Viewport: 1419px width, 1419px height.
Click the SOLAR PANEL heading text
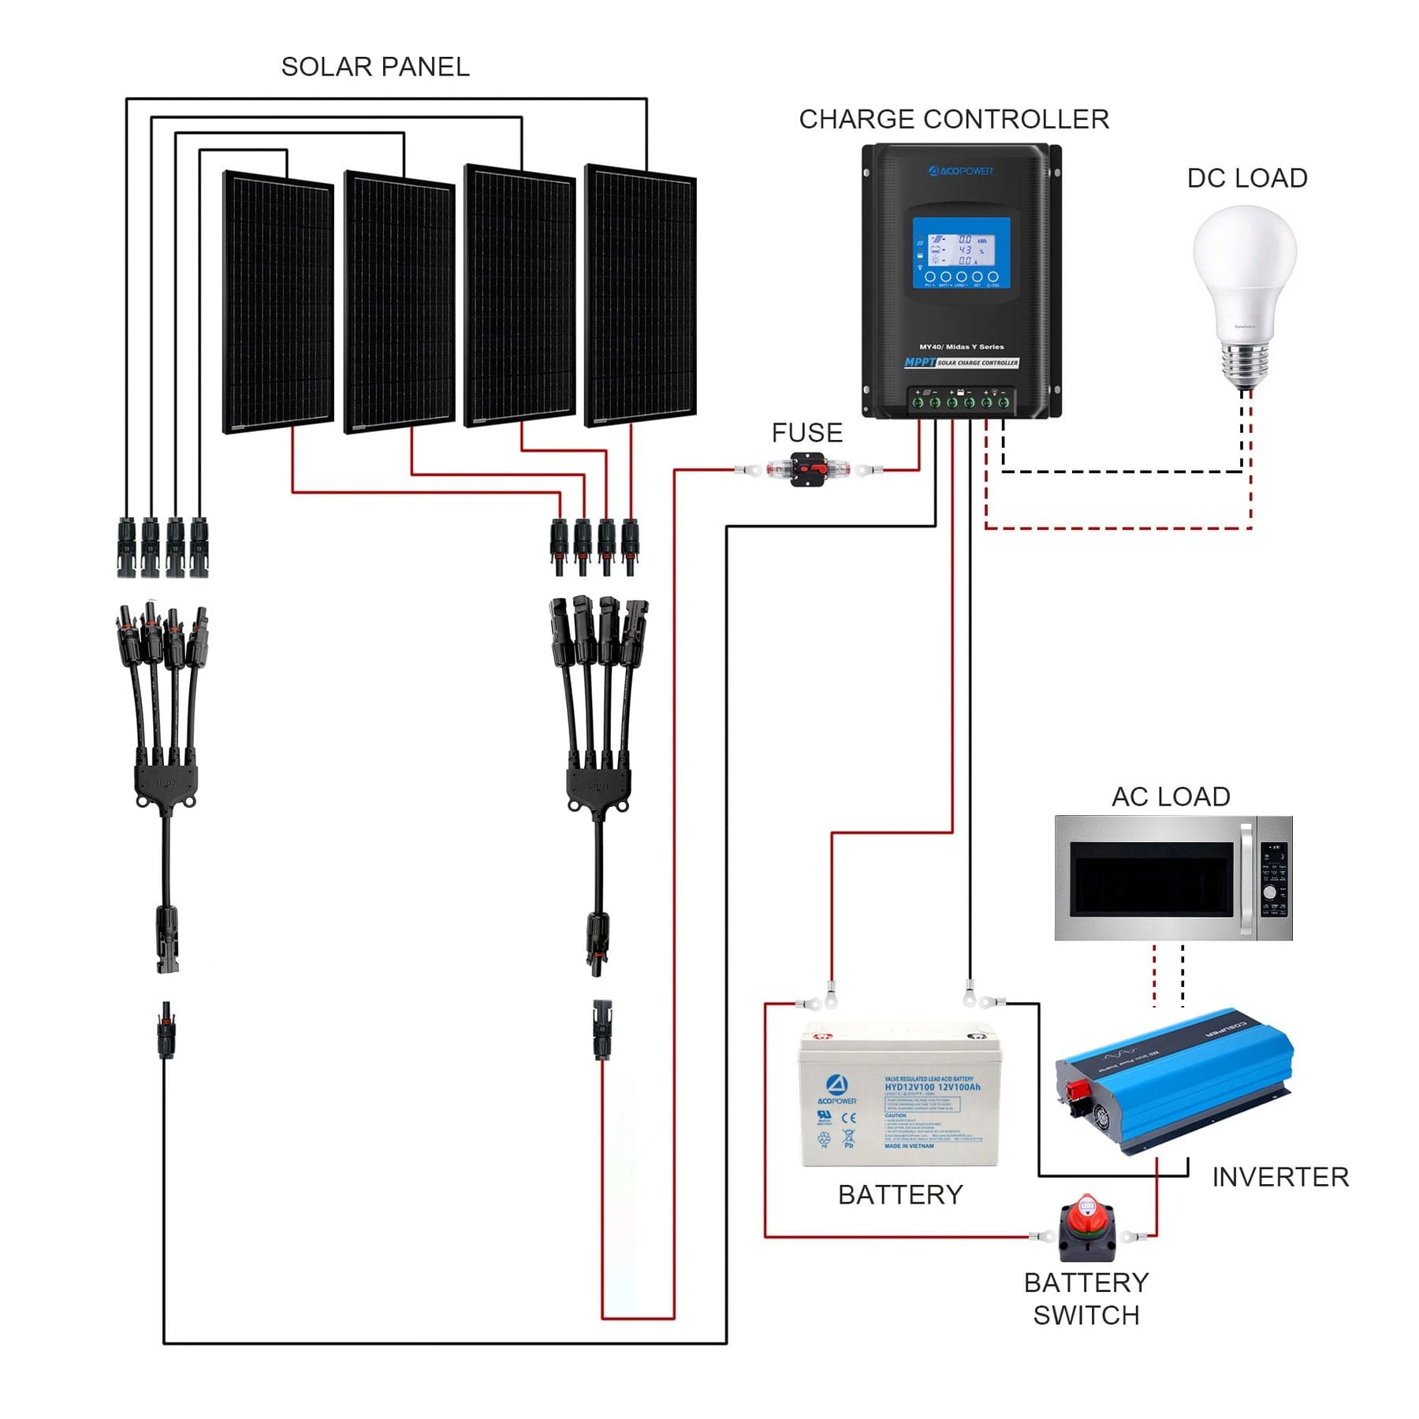(375, 67)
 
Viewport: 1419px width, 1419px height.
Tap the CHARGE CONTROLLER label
(953, 119)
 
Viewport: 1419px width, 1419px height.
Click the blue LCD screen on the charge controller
(961, 251)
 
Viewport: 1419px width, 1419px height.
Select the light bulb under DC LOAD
(1244, 276)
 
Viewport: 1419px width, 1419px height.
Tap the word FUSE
(806, 433)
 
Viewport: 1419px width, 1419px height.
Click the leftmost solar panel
(278, 303)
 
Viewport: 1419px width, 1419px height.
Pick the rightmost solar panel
(640, 296)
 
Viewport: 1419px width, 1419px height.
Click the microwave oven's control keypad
(1274, 878)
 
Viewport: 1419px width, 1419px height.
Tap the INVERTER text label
(1279, 1177)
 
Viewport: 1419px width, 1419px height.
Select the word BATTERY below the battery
(900, 1194)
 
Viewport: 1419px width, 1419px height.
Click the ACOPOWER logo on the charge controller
(961, 171)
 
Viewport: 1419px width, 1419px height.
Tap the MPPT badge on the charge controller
(919, 362)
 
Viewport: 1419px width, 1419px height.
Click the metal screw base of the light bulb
(1245, 367)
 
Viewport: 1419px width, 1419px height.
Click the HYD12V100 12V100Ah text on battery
(932, 1087)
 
